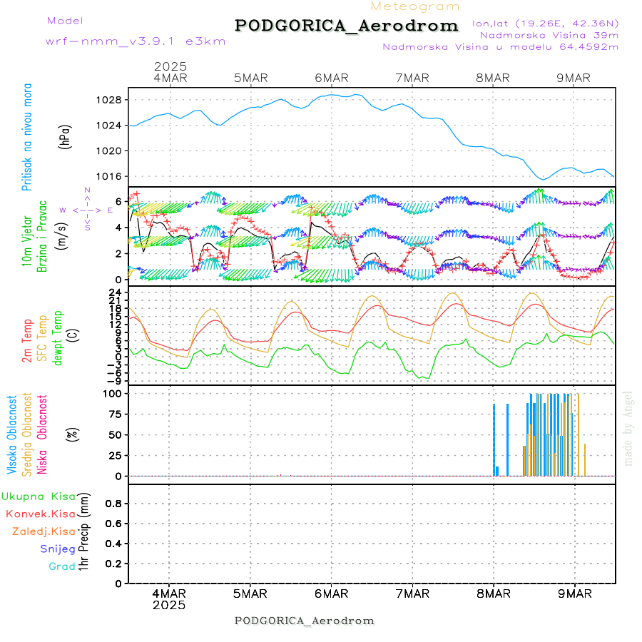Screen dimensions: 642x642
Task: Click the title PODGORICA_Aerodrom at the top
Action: click(346, 26)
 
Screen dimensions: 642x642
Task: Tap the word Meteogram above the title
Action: click(415, 6)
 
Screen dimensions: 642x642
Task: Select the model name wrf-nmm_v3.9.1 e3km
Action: click(136, 41)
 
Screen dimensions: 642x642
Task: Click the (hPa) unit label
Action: click(66, 136)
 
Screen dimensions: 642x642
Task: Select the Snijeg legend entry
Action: click(58, 549)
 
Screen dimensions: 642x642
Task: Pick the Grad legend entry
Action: click(62, 566)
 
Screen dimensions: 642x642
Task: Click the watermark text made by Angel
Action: click(628, 428)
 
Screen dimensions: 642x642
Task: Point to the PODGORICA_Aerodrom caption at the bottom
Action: click(305, 621)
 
